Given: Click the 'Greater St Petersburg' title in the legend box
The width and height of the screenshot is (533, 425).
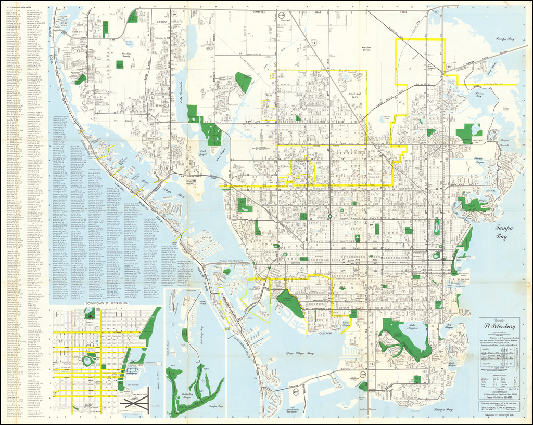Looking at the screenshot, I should tap(499, 326).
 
